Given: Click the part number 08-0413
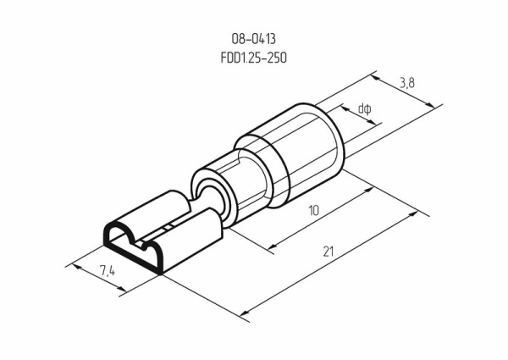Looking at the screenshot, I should pyautogui.click(x=254, y=38).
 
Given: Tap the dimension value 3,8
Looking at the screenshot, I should pyautogui.click(x=408, y=82).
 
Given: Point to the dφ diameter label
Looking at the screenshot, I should pyautogui.click(x=365, y=108).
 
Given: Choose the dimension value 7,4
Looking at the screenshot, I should pyautogui.click(x=108, y=271).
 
